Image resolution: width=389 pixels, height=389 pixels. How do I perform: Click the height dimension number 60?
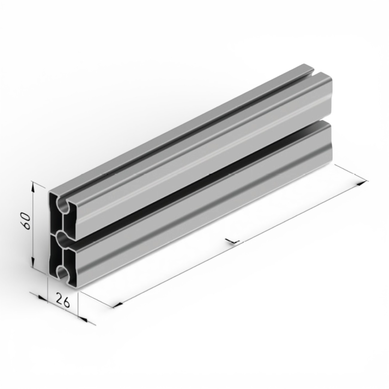coord(26,221)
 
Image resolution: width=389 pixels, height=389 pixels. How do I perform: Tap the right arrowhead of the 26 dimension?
coord(83,319)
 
